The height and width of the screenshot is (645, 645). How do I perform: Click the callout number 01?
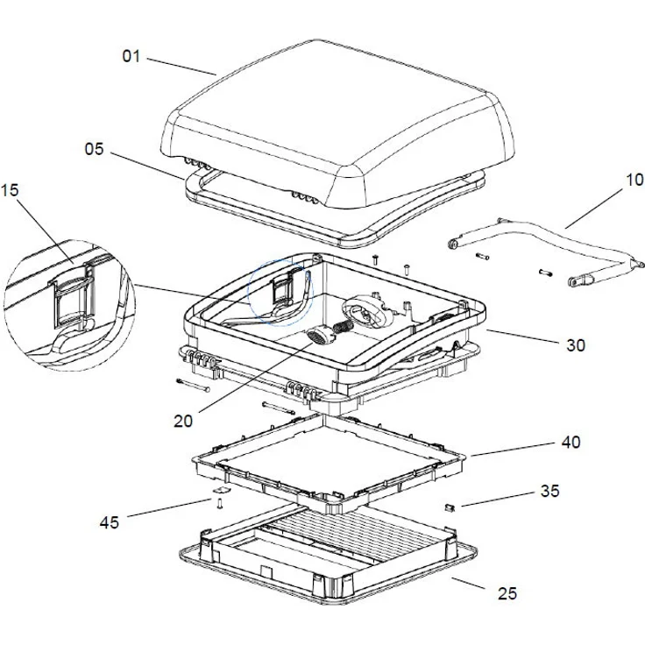click(x=131, y=57)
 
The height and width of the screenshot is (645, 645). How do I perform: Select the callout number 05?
click(x=95, y=149)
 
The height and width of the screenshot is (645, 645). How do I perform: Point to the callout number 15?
click(x=12, y=190)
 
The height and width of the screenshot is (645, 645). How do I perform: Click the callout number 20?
click(x=182, y=421)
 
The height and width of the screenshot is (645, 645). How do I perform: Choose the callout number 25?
click(x=507, y=594)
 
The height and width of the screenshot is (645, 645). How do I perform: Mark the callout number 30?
click(x=575, y=345)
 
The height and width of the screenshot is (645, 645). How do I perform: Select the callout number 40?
click(x=570, y=443)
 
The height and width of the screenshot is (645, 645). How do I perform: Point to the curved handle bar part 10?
click(x=543, y=245)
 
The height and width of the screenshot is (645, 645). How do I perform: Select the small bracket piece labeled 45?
click(x=217, y=500)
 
